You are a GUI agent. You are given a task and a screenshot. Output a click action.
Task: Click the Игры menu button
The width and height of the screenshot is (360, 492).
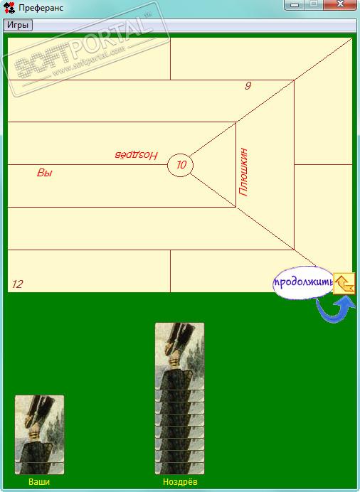click(x=18, y=25)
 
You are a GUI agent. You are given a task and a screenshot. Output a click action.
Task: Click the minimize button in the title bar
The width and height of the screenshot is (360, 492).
click(x=294, y=5)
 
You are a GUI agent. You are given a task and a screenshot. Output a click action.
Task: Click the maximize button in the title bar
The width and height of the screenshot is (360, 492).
click(x=313, y=5)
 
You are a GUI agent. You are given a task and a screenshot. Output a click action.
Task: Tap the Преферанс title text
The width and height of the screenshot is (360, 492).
click(x=41, y=8)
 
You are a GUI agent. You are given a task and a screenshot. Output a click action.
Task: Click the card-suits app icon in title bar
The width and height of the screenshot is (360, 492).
click(x=9, y=8)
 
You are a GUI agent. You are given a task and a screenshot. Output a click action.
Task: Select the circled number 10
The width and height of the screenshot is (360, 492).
click(x=181, y=165)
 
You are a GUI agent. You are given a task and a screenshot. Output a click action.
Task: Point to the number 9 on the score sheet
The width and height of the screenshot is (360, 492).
click(x=248, y=85)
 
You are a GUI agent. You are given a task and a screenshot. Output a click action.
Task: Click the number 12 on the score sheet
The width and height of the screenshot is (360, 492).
click(x=18, y=284)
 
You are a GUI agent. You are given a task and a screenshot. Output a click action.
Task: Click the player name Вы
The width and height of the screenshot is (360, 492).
click(x=45, y=173)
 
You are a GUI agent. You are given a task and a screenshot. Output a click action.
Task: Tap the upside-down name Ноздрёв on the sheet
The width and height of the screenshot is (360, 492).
click(x=136, y=155)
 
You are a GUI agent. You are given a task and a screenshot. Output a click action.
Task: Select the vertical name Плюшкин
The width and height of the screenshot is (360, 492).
click(x=243, y=172)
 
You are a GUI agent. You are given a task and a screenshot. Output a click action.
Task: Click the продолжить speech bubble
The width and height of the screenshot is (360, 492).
click(x=303, y=282)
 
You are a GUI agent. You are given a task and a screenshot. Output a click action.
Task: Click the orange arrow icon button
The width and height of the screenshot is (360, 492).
click(x=344, y=284)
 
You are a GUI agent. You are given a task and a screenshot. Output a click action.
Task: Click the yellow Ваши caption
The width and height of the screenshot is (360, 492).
click(x=39, y=481)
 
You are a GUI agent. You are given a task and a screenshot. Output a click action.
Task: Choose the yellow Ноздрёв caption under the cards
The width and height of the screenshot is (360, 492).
click(x=180, y=481)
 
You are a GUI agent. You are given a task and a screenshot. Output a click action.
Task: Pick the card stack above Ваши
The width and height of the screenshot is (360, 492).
click(x=40, y=434)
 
